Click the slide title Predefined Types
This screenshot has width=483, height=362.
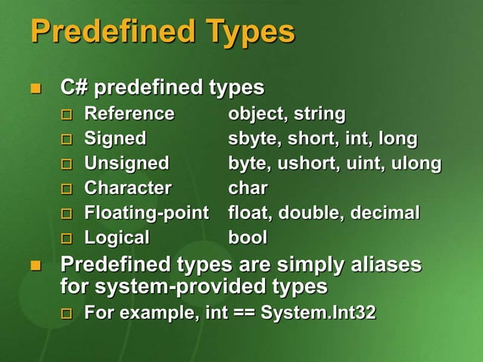coord(162,32)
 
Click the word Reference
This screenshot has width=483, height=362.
coord(129,114)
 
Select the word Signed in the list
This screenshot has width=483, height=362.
coord(115,139)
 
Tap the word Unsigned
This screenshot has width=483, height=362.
coord(126,164)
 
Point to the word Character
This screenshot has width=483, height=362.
coord(128,188)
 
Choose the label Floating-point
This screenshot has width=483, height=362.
coord(145,213)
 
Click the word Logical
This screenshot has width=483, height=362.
coord(117,238)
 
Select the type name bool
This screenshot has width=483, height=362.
coord(248,238)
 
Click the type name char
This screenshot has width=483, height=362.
coord(248,188)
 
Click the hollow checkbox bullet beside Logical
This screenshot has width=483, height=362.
coord(67,239)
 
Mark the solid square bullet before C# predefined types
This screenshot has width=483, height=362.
coord(34,89)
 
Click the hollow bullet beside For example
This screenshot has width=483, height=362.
coord(67,314)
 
